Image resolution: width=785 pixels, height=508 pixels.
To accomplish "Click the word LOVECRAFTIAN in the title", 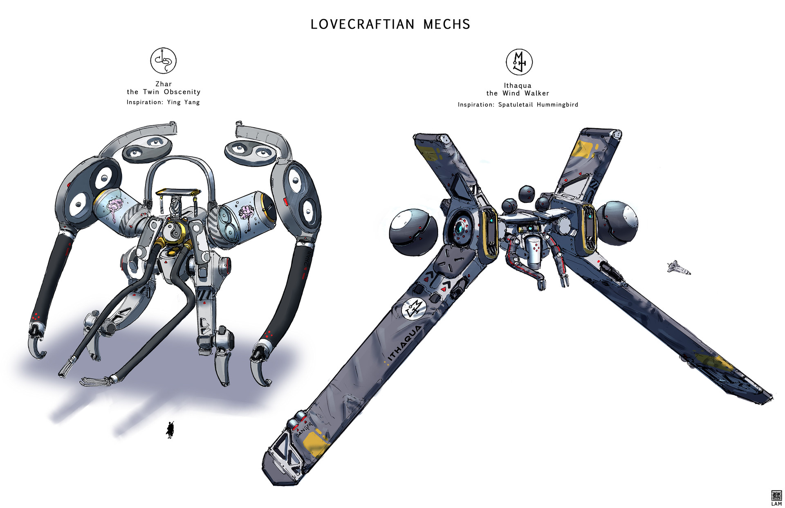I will pos(362,25).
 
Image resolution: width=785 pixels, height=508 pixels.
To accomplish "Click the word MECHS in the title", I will pos(446,25).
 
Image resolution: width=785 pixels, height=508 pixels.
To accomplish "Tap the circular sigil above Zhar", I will pos(163,61).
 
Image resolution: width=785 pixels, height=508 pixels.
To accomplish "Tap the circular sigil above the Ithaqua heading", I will pos(519,62).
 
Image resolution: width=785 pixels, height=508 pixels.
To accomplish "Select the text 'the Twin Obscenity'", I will pos(164,92).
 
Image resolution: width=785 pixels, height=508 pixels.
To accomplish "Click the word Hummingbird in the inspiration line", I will pos(557,105).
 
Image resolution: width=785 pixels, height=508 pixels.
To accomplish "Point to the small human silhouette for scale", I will pos(170,429).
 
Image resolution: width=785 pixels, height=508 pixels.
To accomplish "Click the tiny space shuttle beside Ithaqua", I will pos(678,267).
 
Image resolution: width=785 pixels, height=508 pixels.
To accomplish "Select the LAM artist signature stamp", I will pos(776,498).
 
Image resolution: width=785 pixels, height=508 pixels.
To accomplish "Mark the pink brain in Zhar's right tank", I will pos(247,213).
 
